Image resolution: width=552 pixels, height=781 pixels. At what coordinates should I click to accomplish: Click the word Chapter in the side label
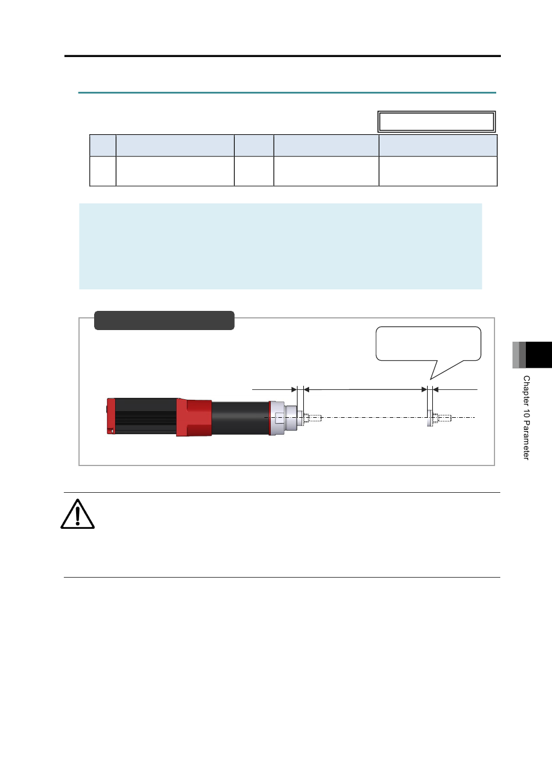[x=526, y=390]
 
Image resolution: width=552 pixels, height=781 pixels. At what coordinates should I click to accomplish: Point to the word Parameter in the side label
[x=526, y=440]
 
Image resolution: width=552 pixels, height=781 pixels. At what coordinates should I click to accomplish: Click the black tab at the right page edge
[x=539, y=354]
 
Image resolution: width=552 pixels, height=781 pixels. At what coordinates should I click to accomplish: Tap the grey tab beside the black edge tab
[x=519, y=354]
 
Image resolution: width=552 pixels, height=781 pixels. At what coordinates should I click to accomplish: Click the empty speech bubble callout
[x=428, y=343]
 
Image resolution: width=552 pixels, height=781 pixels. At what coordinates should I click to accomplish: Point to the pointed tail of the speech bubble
[x=431, y=379]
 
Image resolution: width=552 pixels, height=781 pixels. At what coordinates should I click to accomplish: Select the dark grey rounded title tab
[x=164, y=320]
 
